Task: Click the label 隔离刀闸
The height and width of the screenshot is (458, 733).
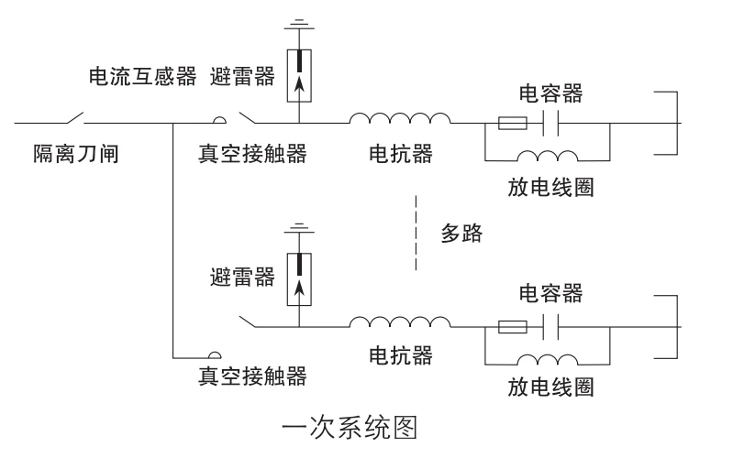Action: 76,154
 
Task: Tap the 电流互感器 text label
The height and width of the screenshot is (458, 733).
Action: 142,76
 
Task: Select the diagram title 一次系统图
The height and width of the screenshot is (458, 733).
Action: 350,428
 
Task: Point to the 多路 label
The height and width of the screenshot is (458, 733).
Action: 461,233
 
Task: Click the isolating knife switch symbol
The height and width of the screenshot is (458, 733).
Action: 75,118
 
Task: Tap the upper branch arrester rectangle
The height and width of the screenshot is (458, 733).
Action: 299,75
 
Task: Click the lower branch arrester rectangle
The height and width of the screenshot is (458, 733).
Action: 299,279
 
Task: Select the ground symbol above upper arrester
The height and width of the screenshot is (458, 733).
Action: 299,25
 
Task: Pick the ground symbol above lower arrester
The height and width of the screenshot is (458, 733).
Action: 299,228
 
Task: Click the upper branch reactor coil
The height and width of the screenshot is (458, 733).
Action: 400,118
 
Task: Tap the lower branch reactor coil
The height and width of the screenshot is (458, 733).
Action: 400,322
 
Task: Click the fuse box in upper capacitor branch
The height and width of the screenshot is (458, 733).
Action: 512,124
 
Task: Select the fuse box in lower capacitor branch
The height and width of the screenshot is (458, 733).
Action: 512,327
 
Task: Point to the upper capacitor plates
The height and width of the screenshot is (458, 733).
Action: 550,124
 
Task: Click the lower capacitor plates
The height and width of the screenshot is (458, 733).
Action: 550,327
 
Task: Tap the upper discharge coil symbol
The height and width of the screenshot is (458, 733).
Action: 547,156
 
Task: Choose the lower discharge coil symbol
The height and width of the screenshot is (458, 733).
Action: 547,359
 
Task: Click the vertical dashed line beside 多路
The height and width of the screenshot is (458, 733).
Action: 416,233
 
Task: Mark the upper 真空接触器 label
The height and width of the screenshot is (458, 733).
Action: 252,154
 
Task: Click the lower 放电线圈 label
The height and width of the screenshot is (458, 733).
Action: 550,387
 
